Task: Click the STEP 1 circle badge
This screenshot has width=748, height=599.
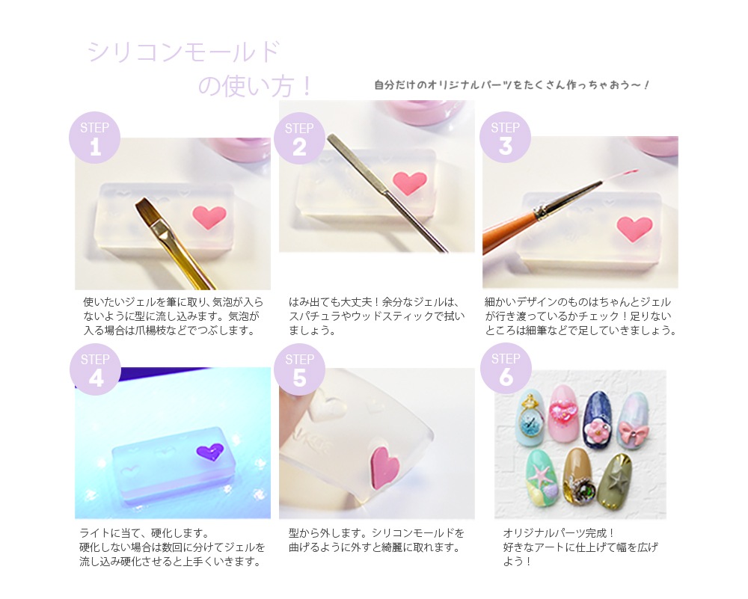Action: (x=94, y=138)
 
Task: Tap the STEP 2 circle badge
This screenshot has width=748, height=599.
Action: (x=300, y=138)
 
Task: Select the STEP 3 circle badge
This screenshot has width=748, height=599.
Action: (x=505, y=138)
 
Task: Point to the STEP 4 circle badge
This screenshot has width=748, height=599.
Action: (x=95, y=369)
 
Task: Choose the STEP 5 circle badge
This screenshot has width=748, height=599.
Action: (x=300, y=369)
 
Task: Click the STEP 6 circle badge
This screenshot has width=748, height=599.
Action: (x=506, y=369)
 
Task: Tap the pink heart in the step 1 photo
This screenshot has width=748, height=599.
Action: (x=209, y=217)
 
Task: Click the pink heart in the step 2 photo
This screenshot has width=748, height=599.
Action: (x=410, y=183)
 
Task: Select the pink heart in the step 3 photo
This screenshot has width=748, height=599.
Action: (x=634, y=228)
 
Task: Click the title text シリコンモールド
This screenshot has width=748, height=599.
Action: (x=184, y=52)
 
